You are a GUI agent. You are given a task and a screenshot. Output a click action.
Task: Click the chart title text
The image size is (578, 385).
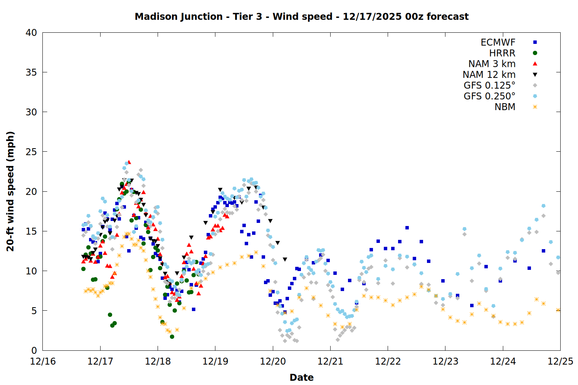[x=301, y=17]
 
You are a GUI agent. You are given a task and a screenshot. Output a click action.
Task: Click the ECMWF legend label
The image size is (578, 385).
[x=498, y=42]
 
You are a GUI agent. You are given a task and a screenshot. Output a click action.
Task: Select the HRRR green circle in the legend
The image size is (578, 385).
[x=535, y=53]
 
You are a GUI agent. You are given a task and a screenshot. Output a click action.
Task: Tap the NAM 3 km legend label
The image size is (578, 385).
[x=492, y=64]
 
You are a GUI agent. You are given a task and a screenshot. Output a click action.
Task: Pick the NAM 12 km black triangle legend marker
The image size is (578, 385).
[x=535, y=75]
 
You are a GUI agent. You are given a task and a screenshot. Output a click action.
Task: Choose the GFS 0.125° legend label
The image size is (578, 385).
[x=489, y=85]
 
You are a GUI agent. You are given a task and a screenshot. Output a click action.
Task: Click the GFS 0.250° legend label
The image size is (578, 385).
[x=489, y=96]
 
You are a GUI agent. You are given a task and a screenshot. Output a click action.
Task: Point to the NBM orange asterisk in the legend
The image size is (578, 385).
[x=535, y=107]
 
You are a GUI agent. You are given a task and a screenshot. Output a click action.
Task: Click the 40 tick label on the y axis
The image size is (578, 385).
[x=31, y=33]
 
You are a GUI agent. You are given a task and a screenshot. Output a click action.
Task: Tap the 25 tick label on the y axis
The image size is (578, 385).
[x=31, y=152]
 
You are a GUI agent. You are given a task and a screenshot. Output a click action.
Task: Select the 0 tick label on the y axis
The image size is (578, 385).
[x=34, y=350]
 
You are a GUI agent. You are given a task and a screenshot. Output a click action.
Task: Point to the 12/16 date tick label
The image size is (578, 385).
[x=43, y=362]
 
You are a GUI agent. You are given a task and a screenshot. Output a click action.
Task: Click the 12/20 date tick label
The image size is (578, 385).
[x=273, y=362]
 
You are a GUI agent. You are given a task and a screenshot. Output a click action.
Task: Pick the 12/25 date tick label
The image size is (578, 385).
[x=560, y=362]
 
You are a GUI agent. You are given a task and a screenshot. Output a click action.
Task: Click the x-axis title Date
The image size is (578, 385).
[x=301, y=377]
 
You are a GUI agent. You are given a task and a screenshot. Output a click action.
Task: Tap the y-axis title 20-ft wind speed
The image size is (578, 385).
[x=10, y=191]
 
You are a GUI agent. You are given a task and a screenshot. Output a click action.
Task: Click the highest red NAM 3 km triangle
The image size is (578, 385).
[x=129, y=162]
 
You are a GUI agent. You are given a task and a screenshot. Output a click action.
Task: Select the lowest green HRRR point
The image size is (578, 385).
[x=172, y=336]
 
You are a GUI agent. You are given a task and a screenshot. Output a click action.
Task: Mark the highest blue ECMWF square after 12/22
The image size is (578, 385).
[x=407, y=228]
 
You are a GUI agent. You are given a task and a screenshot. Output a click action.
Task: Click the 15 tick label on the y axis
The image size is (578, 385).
[x=31, y=231]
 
